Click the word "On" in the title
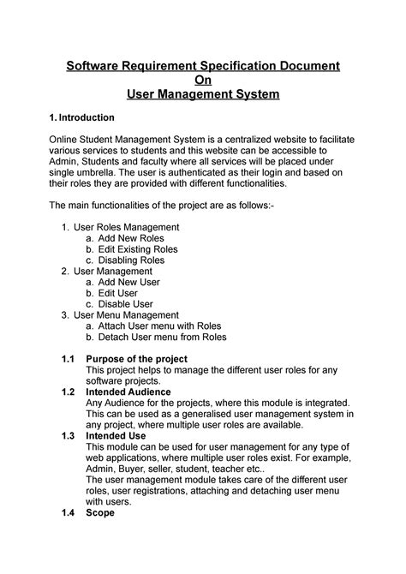point(203,81)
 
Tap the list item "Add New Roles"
point(129,240)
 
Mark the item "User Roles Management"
point(126,228)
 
